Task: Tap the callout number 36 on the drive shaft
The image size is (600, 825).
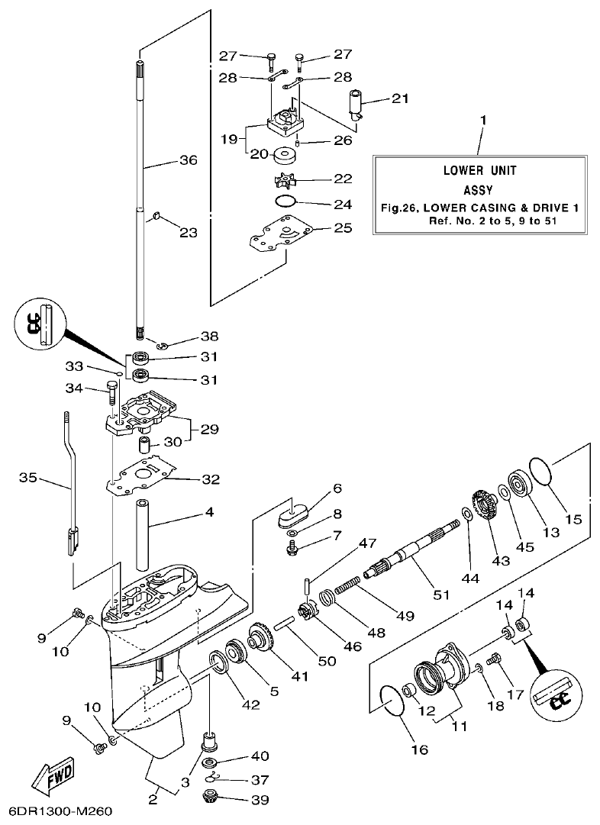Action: tap(187, 160)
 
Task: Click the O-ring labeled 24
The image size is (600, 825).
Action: tap(284, 202)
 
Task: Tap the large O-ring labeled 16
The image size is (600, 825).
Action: tap(395, 701)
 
